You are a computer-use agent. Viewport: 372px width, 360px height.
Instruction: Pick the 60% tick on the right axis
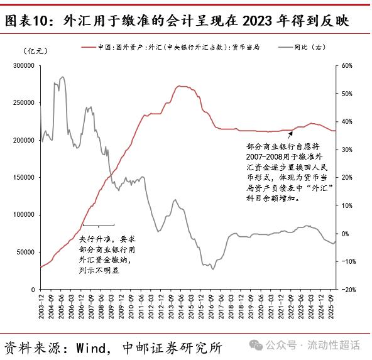[347, 65]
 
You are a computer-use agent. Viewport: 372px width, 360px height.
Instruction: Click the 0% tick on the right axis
[346, 234]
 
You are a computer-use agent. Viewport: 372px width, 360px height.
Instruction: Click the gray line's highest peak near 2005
[62, 77]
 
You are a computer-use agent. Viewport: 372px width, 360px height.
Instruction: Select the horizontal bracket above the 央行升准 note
[98, 225]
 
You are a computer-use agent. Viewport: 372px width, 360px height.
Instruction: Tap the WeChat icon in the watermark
[256, 345]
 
